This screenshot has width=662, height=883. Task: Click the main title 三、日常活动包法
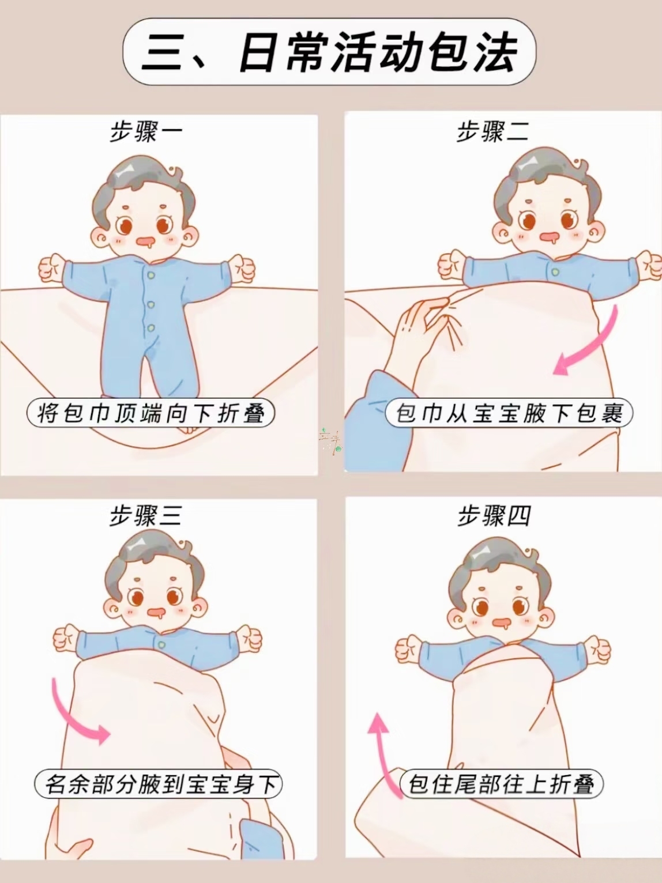(x=329, y=52)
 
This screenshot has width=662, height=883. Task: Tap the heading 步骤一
(x=146, y=131)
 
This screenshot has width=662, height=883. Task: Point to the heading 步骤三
(x=146, y=516)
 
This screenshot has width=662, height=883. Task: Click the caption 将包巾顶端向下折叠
(x=151, y=413)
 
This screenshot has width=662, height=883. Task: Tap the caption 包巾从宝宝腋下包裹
(x=509, y=413)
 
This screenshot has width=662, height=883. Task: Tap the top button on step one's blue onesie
(x=151, y=275)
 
